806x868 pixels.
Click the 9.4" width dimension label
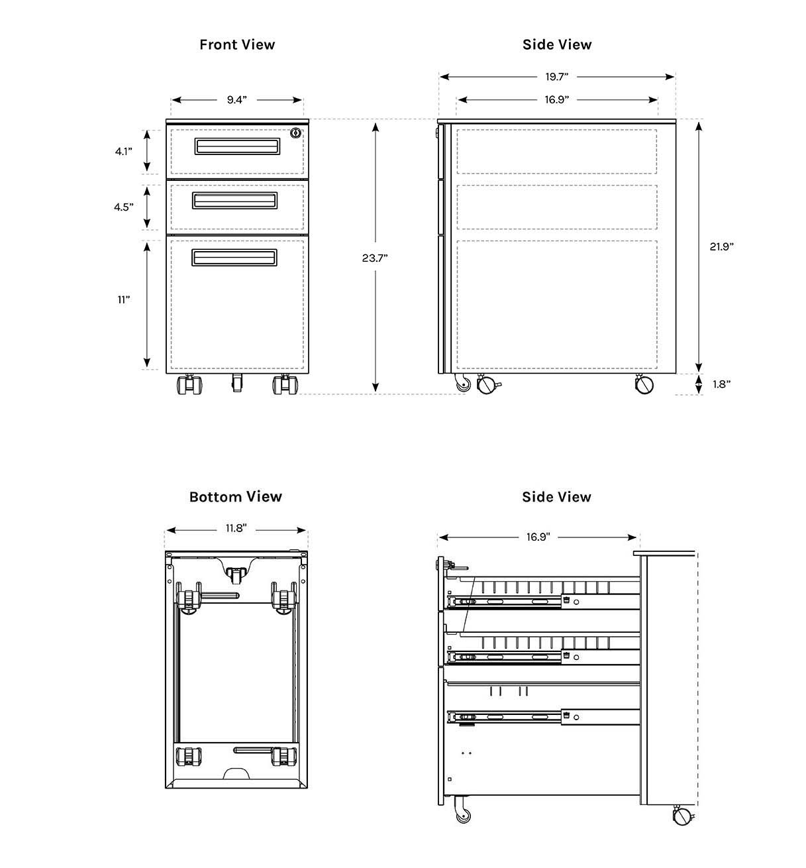tap(236, 100)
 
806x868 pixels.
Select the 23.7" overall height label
tap(374, 258)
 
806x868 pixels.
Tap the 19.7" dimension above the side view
tap(557, 77)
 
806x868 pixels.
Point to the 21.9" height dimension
tap(721, 246)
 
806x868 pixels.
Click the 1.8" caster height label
tap(721, 384)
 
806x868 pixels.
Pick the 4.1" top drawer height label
tap(123, 152)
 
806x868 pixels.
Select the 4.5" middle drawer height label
tap(123, 207)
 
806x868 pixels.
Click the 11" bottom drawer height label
tap(123, 299)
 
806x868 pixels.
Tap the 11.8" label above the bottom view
tap(235, 529)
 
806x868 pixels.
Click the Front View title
tap(237, 44)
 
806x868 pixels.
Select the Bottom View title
tap(235, 497)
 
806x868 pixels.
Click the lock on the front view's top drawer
tap(295, 133)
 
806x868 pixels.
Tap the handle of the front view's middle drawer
tap(235, 200)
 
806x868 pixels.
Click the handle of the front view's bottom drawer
tap(235, 258)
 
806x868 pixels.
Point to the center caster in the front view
tap(236, 382)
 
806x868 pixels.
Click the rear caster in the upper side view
tap(643, 384)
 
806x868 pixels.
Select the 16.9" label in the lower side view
tap(538, 537)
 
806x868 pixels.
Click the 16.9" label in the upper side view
tap(557, 100)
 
